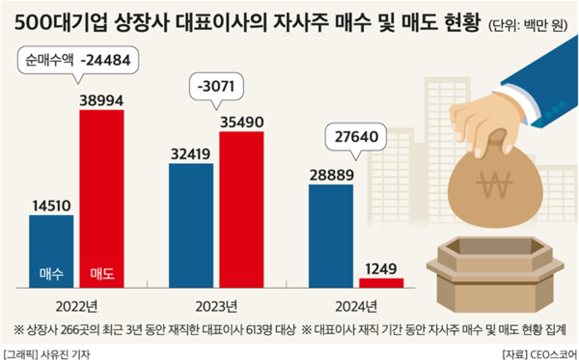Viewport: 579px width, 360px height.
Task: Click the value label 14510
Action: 51,204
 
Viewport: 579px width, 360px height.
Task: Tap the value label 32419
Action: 191,152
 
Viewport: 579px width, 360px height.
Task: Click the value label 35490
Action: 241,120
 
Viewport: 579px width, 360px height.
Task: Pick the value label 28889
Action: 330,173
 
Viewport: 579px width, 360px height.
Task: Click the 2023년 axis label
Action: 215,306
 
